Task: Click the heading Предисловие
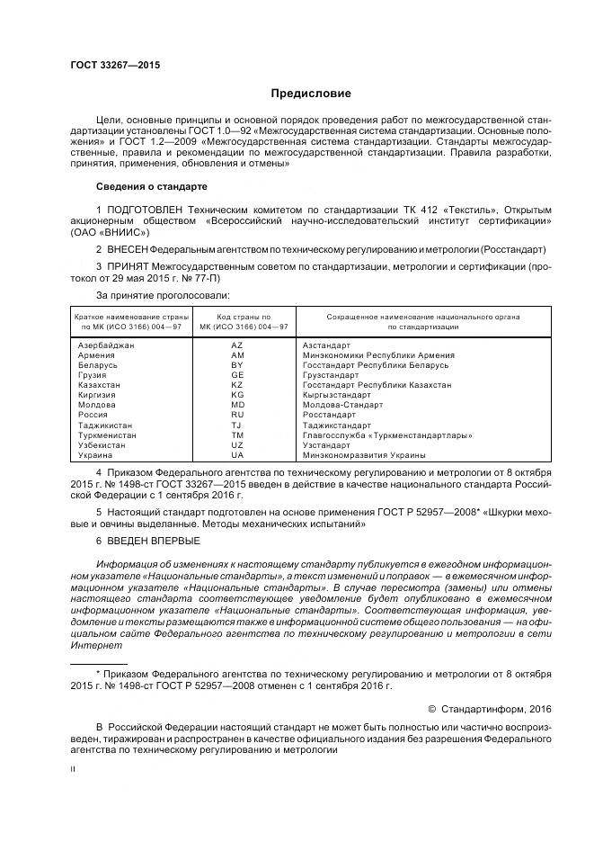point(312,94)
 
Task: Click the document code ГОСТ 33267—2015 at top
point(110,65)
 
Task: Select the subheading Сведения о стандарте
point(151,186)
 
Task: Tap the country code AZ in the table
point(237,345)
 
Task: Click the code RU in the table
point(237,415)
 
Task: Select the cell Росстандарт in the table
point(329,415)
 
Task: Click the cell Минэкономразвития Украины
point(364,455)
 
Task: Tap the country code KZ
point(237,385)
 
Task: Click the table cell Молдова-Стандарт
point(342,405)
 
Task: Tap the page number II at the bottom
point(74,770)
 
